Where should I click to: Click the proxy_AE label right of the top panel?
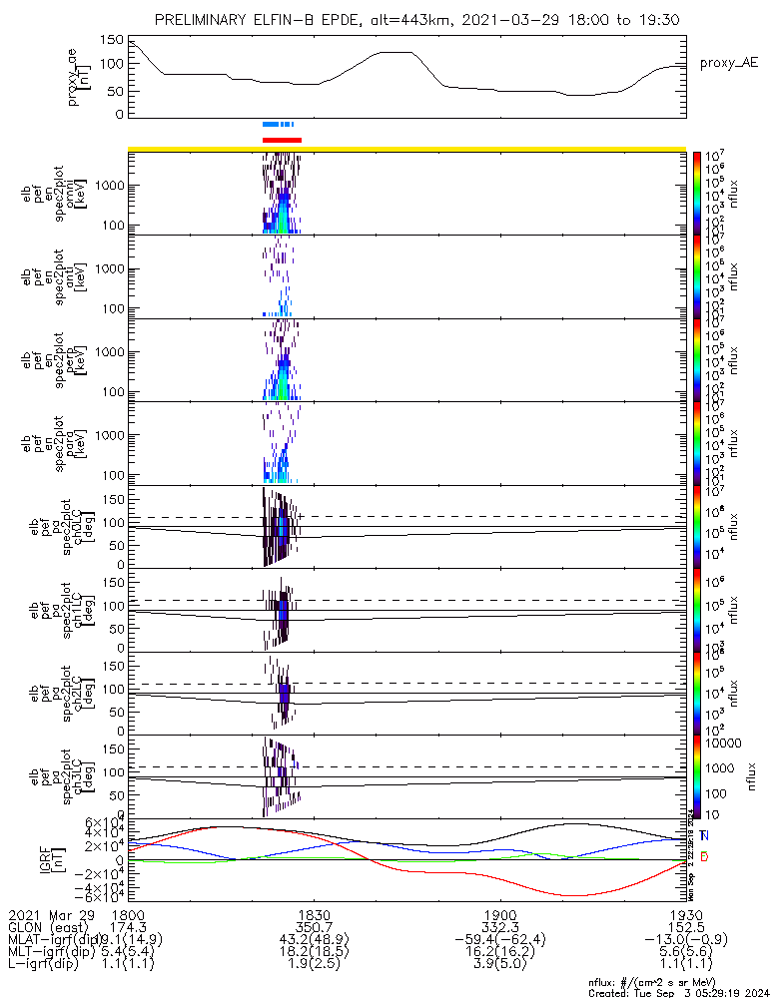tap(727, 62)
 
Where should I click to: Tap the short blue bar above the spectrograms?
tap(279, 125)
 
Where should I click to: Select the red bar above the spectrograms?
tap(282, 140)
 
